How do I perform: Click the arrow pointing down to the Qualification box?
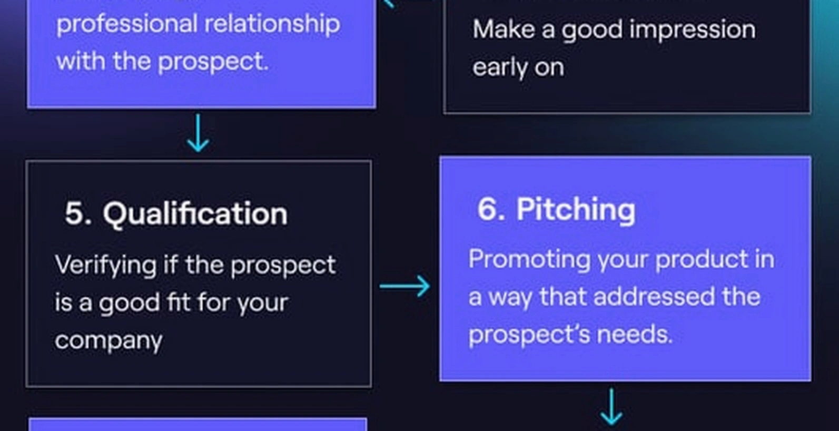pyautogui.click(x=198, y=133)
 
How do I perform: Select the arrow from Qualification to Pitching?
pyautogui.click(x=405, y=286)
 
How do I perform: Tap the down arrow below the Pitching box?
pyautogui.click(x=611, y=407)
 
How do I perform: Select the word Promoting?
pyautogui.click(x=530, y=260)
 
